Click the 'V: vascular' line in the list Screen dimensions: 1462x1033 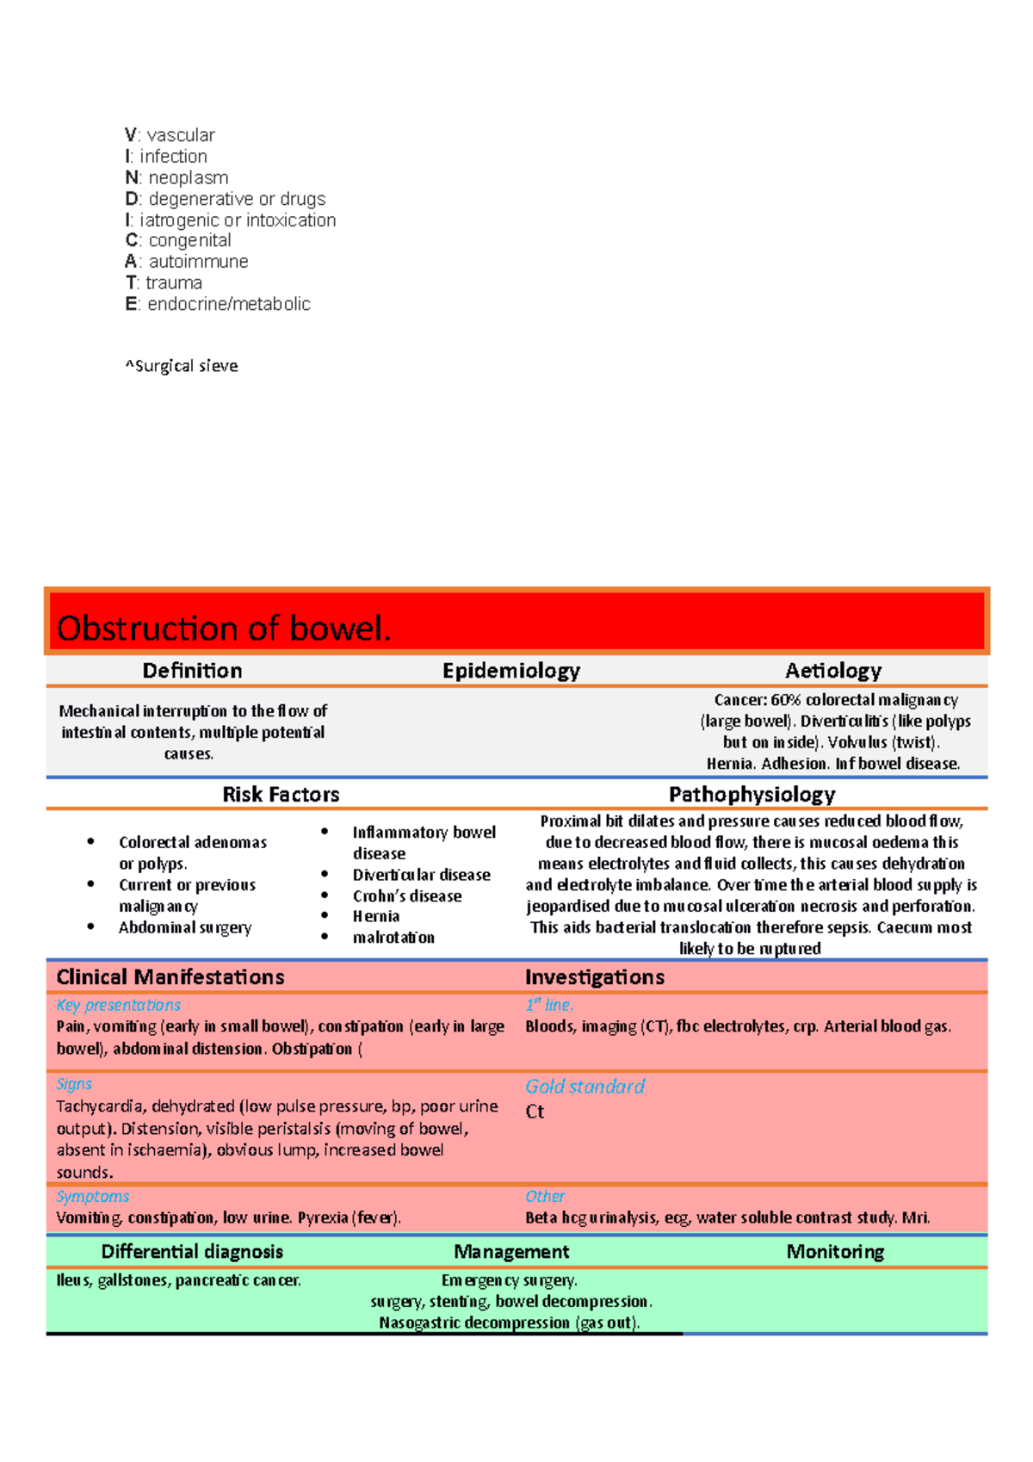pyautogui.click(x=170, y=135)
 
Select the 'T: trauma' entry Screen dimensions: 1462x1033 pyautogui.click(x=164, y=282)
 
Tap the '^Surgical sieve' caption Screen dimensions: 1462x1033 pyautogui.click(x=182, y=366)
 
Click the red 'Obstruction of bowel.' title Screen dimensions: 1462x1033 pyautogui.click(x=224, y=629)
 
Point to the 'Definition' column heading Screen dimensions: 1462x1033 pyautogui.click(x=192, y=671)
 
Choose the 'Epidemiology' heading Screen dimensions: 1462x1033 pyautogui.click(x=511, y=671)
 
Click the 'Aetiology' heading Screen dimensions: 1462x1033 pyautogui.click(x=833, y=671)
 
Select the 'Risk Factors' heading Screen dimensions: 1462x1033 pyautogui.click(x=281, y=794)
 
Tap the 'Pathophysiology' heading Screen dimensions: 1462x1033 pyautogui.click(x=752, y=794)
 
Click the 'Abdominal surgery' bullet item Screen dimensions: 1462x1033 pyautogui.click(x=185, y=927)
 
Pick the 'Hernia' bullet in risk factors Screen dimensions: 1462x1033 pyautogui.click(x=376, y=916)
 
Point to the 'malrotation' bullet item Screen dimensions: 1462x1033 pyautogui.click(x=393, y=938)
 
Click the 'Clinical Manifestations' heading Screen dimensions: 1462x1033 pyautogui.click(x=170, y=977)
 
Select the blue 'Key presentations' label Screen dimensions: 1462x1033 pyautogui.click(x=119, y=1005)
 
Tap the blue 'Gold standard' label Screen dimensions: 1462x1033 pyautogui.click(x=585, y=1087)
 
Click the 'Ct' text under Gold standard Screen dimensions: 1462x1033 pyautogui.click(x=535, y=1112)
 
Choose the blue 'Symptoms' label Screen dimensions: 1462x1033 pyautogui.click(x=93, y=1196)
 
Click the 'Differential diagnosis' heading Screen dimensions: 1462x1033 pyautogui.click(x=192, y=1252)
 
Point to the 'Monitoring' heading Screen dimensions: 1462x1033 pyautogui.click(x=835, y=1252)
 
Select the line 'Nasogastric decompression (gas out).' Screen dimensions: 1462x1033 pyautogui.click(x=510, y=1323)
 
